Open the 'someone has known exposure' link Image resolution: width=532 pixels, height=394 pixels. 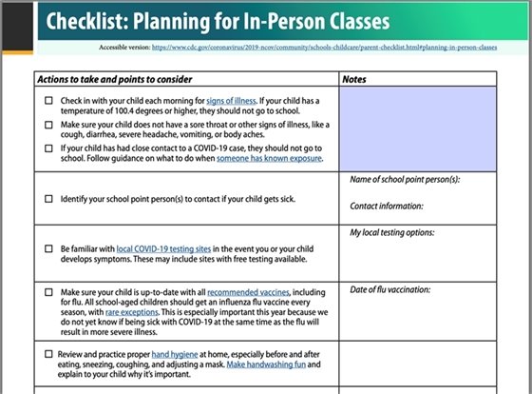pos(269,159)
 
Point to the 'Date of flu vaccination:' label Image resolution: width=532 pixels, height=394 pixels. pos(390,289)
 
